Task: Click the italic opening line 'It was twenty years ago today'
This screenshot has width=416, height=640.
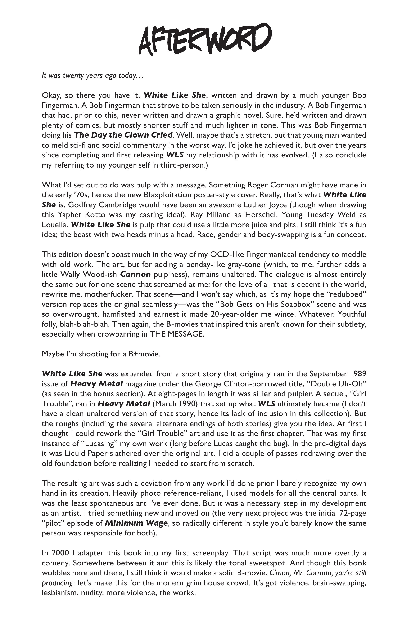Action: coord(92,76)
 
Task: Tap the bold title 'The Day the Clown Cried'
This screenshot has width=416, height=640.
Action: coord(123,135)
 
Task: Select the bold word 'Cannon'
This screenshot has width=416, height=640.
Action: coord(135,274)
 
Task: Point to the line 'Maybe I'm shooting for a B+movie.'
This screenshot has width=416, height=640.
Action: coord(101,354)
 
